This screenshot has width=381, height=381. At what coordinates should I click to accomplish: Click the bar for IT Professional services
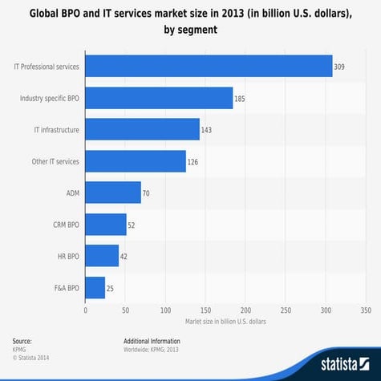[208, 66]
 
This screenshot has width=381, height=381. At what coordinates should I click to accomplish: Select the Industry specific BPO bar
[158, 98]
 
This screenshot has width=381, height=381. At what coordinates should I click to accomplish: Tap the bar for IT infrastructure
[141, 129]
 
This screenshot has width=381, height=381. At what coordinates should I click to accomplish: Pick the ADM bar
[112, 193]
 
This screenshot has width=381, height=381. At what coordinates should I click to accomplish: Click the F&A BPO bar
[95, 287]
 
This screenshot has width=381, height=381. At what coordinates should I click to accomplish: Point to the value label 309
[340, 67]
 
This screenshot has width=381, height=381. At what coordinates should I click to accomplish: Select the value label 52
[132, 225]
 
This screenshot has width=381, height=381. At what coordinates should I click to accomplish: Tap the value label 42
[124, 256]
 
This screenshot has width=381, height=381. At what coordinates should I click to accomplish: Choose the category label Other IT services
[54, 161]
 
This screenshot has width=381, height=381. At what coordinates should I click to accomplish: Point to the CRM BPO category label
[63, 225]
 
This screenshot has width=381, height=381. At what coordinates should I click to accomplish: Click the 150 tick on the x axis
[205, 309]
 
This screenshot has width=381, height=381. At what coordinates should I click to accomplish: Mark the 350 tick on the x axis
[366, 309]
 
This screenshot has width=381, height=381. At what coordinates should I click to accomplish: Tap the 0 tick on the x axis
[85, 309]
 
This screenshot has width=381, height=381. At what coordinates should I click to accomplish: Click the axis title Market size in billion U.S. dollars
[225, 320]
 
